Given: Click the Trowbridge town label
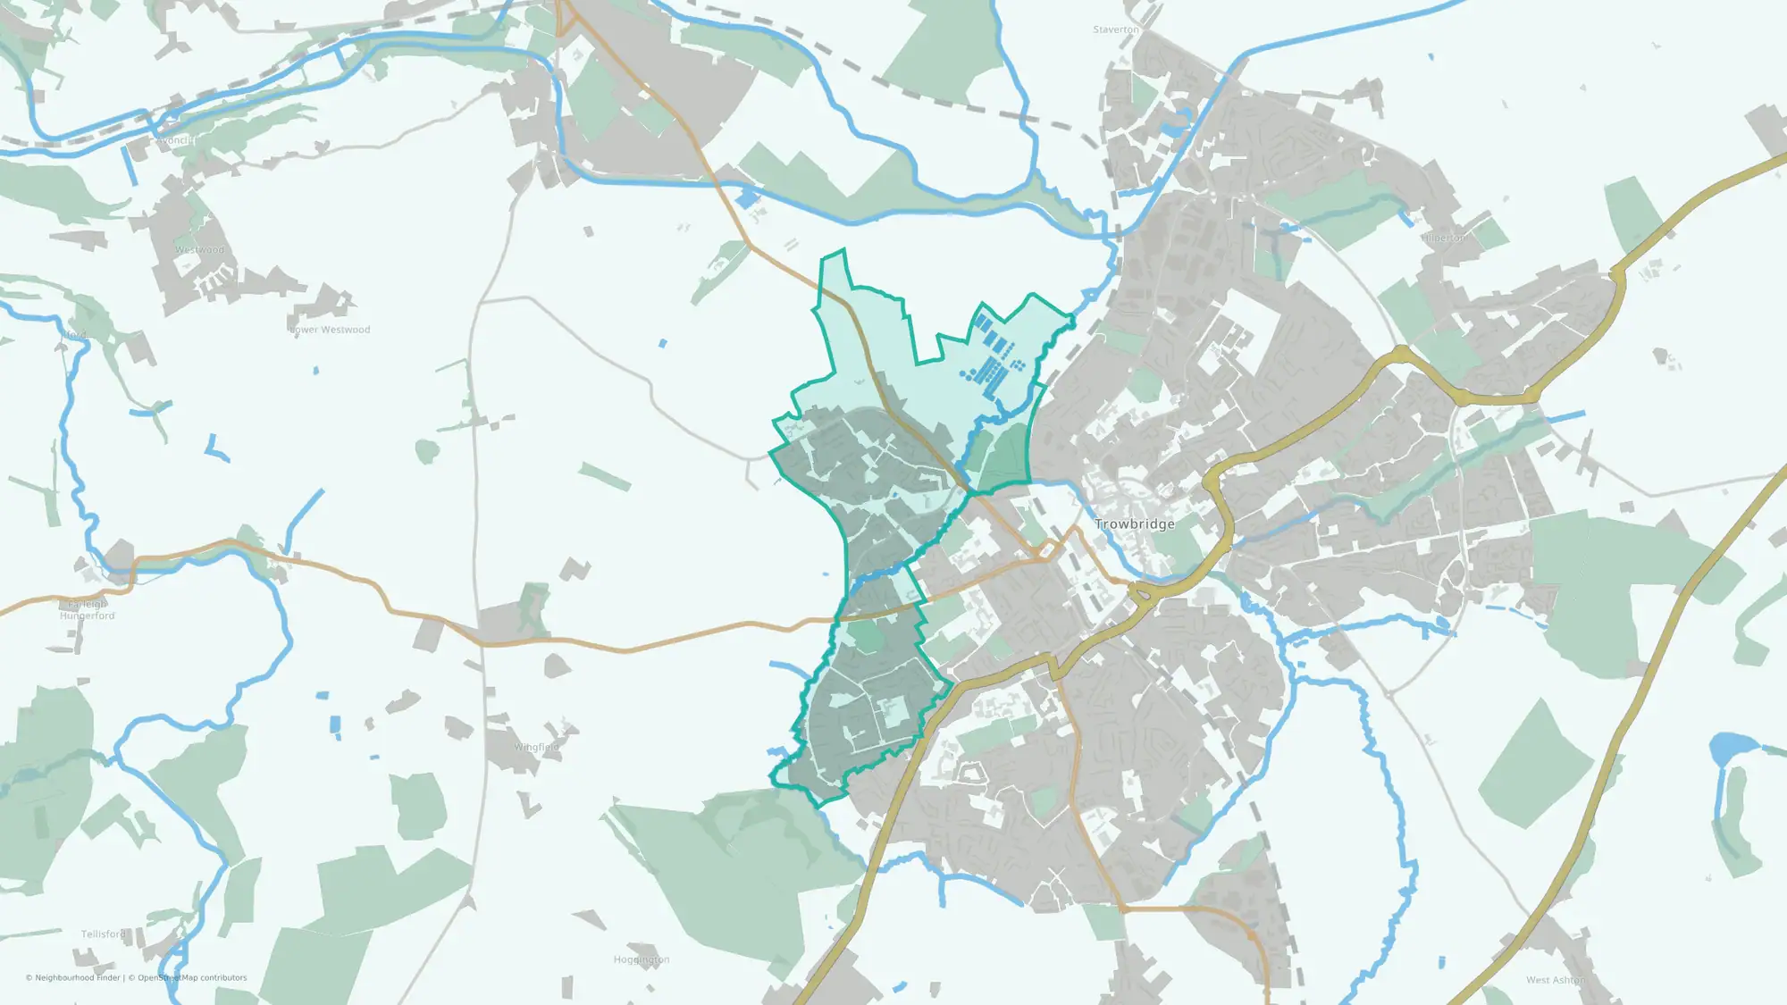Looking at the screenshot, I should tap(1135, 524).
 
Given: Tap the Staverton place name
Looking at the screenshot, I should tap(1116, 29).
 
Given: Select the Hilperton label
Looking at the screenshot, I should tap(1444, 238).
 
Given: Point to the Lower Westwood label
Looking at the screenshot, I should tap(330, 330).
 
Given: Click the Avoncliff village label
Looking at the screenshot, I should tap(174, 140).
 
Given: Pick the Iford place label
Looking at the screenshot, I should tap(74, 335).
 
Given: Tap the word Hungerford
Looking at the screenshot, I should tap(88, 616).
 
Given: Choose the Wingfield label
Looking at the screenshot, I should tap(536, 748).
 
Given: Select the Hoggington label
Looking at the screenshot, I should tap(642, 959).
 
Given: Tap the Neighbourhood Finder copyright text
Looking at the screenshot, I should tap(72, 978).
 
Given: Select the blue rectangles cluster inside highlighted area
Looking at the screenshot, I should tap(990, 362).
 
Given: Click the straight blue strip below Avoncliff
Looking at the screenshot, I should tap(130, 166).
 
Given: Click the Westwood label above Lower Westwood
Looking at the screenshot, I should tap(200, 250).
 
